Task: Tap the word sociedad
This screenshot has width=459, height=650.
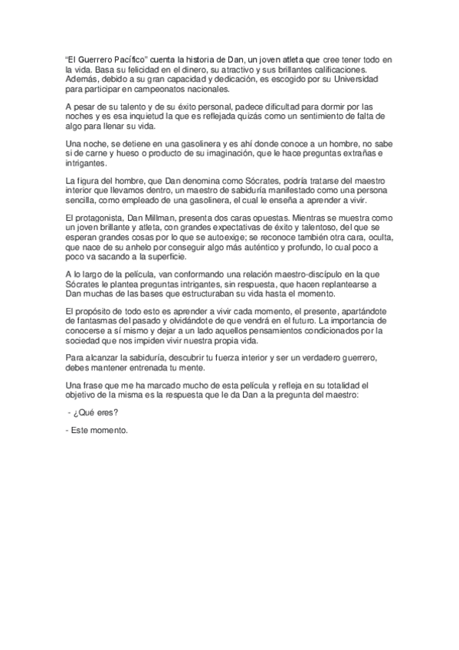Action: tap(84, 340)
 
